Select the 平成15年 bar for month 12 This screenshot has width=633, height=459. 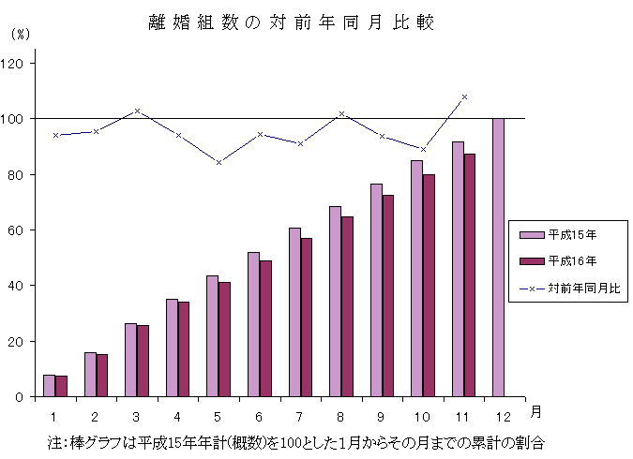tap(497, 258)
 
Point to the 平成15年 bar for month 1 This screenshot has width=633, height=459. tap(49, 386)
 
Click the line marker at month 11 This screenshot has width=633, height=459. tap(464, 97)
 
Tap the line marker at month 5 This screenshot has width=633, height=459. tap(219, 162)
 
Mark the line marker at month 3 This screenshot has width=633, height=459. tap(138, 111)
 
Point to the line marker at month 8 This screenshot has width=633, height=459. tap(341, 113)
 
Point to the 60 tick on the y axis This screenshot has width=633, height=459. tap(22, 230)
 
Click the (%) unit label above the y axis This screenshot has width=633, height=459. tap(21, 34)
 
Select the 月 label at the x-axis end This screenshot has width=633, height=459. tap(534, 411)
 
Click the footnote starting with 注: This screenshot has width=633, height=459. tap(296, 440)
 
